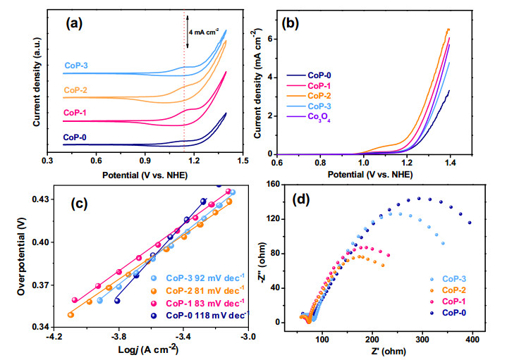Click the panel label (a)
[x=74, y=24]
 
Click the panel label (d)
[x=300, y=199]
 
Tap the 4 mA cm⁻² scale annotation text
[x=204, y=32]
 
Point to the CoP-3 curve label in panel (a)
[x=76, y=66]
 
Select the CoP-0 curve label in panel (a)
[x=75, y=137]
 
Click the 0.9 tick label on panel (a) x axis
[x=145, y=161]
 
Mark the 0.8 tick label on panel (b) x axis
[x=320, y=161]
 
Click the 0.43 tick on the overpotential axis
[x=39, y=199]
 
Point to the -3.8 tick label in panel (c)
[x=118, y=337]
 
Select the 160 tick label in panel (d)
[x=273, y=184]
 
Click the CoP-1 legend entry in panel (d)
[x=454, y=302]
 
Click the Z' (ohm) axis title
[x=389, y=351]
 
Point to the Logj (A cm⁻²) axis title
[x=148, y=349]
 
